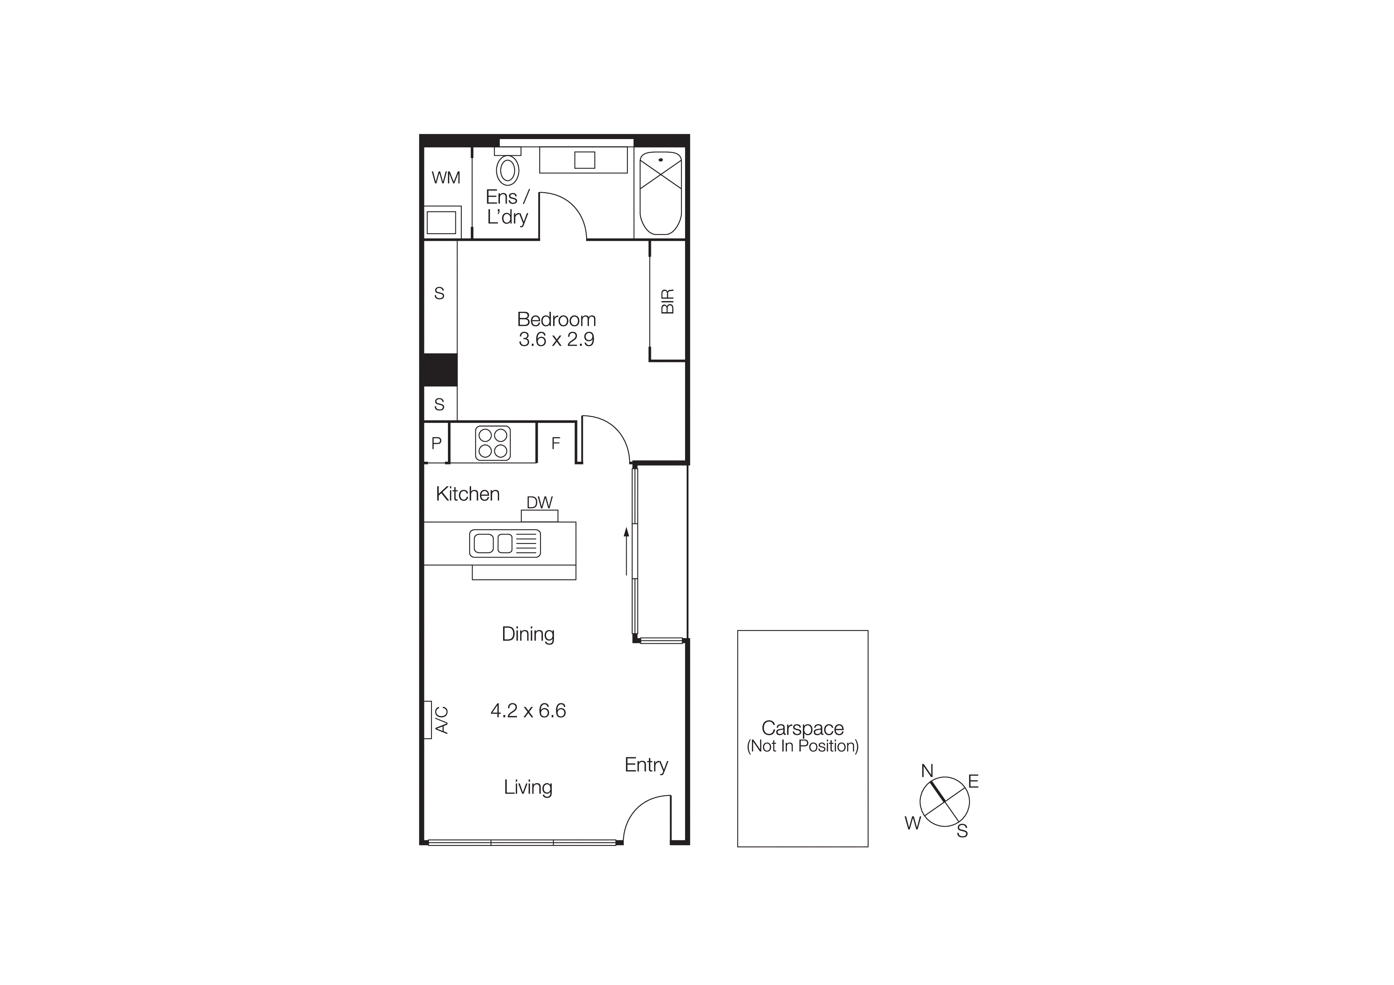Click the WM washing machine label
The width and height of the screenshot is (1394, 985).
point(445,178)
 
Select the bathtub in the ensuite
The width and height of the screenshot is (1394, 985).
point(660,193)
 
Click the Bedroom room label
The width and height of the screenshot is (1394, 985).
point(556,319)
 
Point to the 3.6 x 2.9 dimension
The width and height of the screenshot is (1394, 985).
point(556,339)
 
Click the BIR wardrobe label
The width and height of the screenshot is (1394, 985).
point(667,301)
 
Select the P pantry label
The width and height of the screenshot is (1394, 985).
point(436,443)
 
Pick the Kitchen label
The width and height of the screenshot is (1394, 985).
point(467,494)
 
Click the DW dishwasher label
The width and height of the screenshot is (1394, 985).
point(539,503)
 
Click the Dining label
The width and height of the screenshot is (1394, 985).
point(528,634)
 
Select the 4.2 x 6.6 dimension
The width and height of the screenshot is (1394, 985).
point(528,711)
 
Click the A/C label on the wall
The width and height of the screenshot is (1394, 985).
point(441,720)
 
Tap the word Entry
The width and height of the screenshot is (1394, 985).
point(646,765)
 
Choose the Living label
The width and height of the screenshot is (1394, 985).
point(528,787)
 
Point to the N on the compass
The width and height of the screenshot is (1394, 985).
point(927,771)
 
